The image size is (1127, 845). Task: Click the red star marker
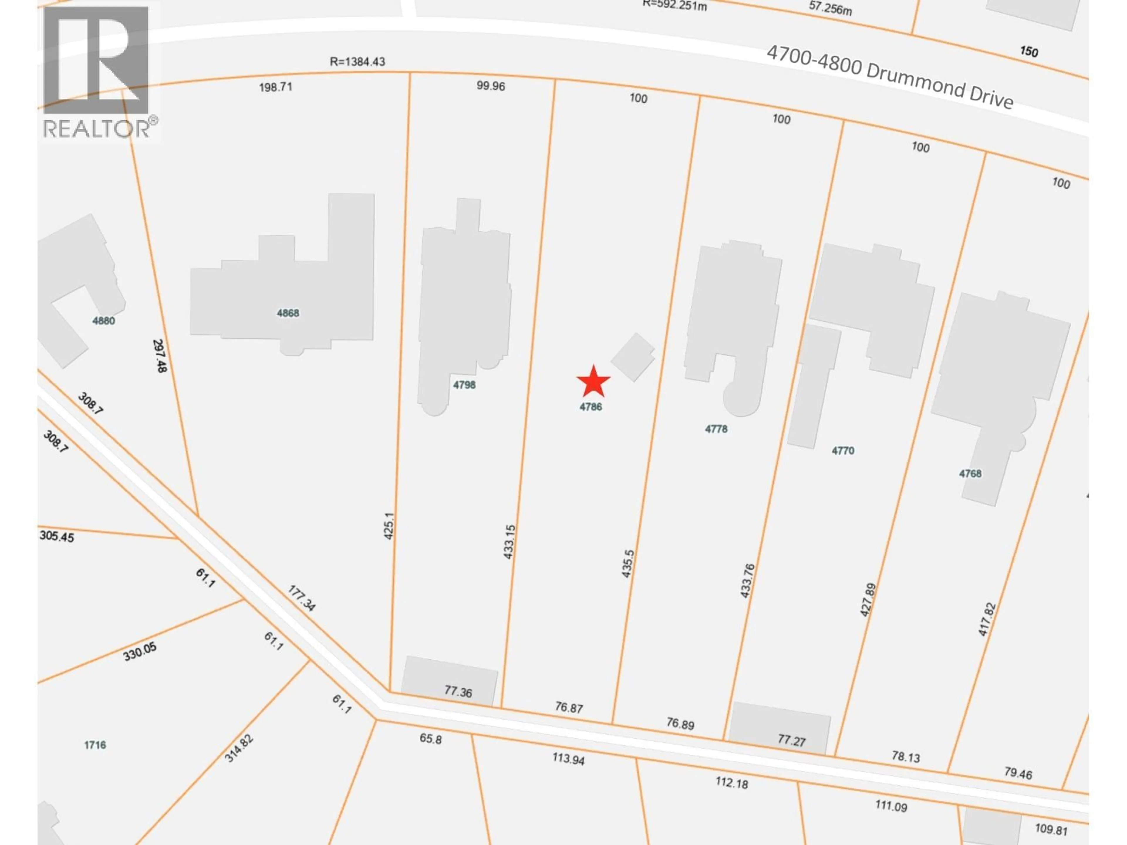(x=593, y=382)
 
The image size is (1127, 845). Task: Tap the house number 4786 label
(x=591, y=406)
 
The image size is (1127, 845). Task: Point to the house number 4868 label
(x=288, y=313)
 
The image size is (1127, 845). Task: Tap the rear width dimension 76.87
(x=568, y=707)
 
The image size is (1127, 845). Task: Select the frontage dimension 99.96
(x=491, y=86)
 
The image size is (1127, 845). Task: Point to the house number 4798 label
(x=464, y=385)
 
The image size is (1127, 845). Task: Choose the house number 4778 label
(x=716, y=429)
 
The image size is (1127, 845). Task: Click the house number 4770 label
(x=843, y=450)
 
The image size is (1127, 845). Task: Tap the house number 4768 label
(x=970, y=474)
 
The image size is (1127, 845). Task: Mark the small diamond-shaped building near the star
(x=633, y=357)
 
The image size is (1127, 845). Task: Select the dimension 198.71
(x=276, y=87)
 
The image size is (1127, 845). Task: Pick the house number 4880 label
(x=103, y=320)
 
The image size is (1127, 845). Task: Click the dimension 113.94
(x=568, y=759)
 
